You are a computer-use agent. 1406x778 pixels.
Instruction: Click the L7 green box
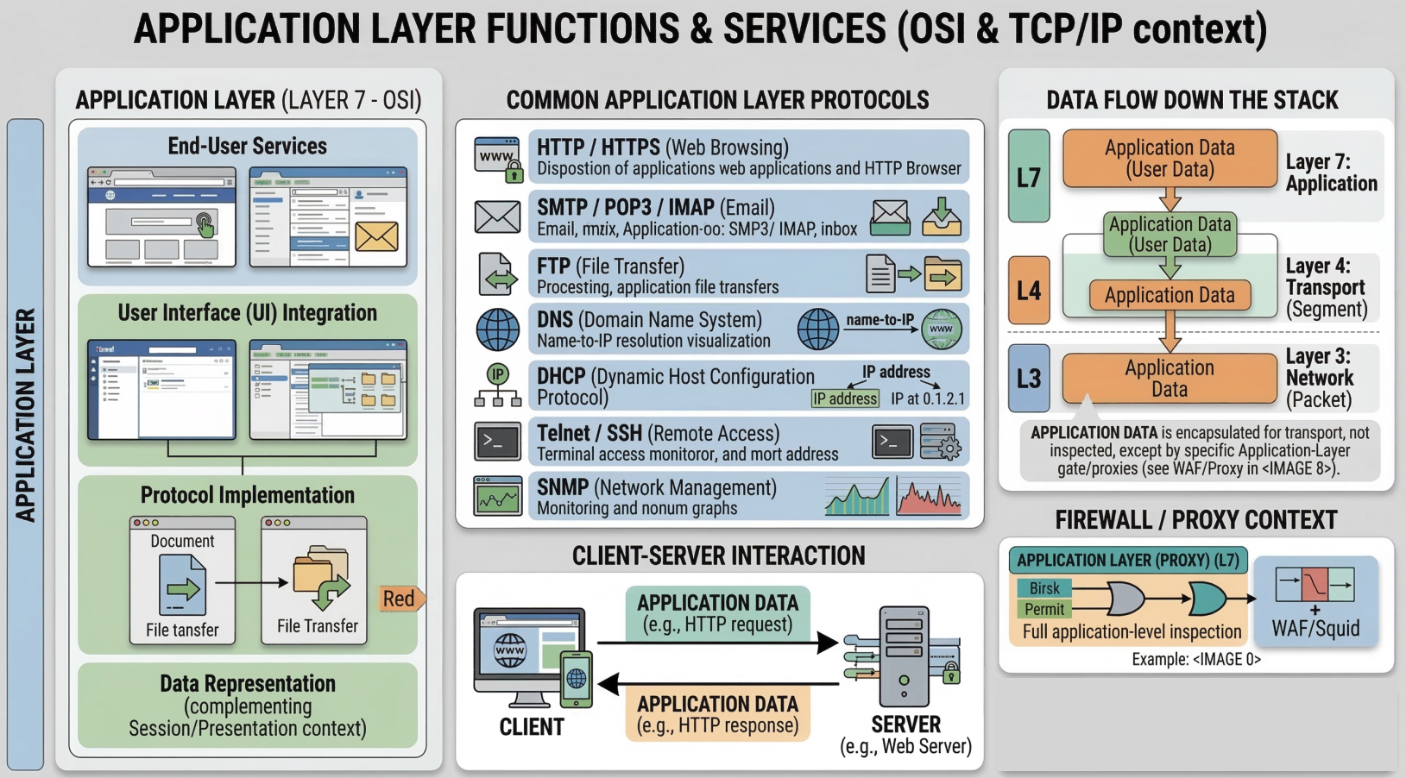[1029, 177]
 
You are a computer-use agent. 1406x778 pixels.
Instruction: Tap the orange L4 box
[1029, 291]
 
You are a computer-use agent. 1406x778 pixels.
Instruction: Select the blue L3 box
[1029, 378]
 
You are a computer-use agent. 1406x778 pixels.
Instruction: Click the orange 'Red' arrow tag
[400, 599]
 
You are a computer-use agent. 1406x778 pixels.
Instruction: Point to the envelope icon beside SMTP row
[498, 216]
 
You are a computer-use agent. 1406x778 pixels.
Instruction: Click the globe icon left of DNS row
[498, 329]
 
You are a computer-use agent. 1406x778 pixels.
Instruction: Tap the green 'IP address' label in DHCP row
[845, 398]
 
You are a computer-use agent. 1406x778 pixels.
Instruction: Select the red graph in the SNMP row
[929, 498]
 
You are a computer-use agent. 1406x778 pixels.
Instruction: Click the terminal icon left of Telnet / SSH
[498, 442]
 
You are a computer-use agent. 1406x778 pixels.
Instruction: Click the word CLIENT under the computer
[532, 727]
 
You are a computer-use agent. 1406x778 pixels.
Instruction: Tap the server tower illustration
[904, 656]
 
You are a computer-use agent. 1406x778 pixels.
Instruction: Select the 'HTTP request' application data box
[717, 613]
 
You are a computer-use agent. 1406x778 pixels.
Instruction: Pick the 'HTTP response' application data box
[717, 715]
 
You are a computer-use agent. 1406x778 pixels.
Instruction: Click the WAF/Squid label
[1315, 629]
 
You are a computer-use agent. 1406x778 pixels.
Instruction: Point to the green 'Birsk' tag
[1044, 588]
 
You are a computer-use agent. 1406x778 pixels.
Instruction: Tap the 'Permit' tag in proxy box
[1044, 609]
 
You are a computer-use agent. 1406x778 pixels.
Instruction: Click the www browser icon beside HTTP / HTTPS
[498, 158]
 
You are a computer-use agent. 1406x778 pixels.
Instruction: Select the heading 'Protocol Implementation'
[248, 495]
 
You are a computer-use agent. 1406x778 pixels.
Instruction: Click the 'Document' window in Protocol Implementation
[182, 580]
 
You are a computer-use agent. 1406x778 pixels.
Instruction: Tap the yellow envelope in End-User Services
[377, 236]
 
